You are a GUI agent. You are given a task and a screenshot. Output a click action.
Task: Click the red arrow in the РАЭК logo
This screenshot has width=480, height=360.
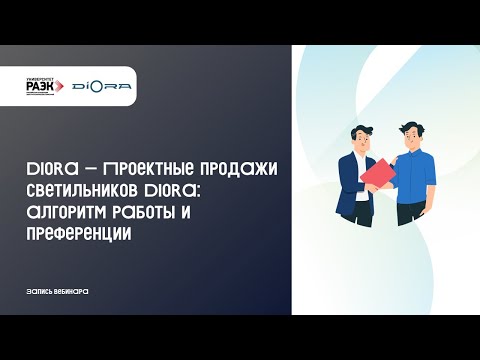(64, 87)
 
